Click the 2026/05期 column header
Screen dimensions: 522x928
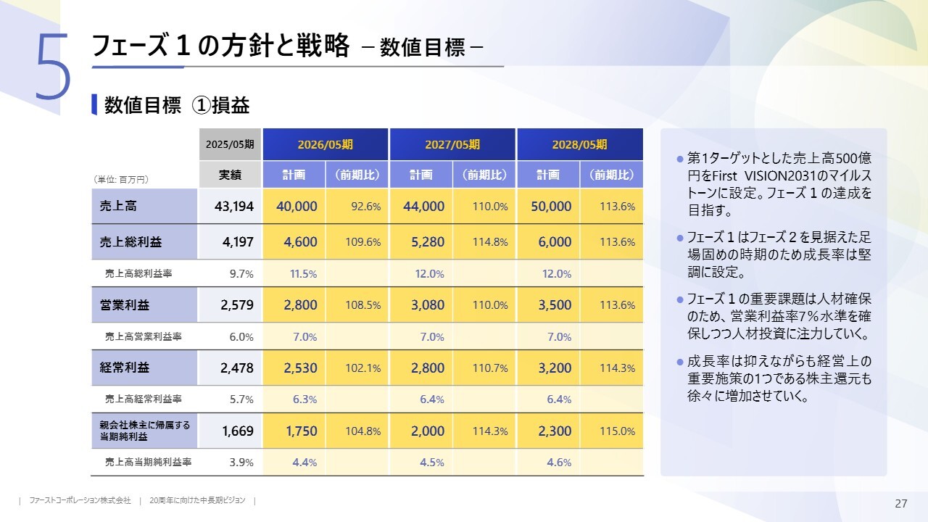pyautogui.click(x=326, y=144)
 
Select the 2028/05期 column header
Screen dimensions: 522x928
pyautogui.click(x=579, y=144)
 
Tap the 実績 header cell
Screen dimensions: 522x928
pyautogui.click(x=230, y=175)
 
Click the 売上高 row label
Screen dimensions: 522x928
pyautogui.click(x=119, y=207)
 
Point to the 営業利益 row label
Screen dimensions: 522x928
pyautogui.click(x=125, y=305)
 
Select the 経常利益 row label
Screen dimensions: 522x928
pyautogui.click(x=125, y=368)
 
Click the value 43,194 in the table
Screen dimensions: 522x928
pyautogui.click(x=234, y=207)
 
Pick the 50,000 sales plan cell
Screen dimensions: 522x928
pyautogui.click(x=551, y=207)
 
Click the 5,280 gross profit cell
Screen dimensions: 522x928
pyautogui.click(x=427, y=242)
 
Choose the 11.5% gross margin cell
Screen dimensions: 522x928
pyautogui.click(x=304, y=274)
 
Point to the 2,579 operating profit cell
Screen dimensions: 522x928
pyautogui.click(x=237, y=305)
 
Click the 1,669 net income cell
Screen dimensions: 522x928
pyautogui.click(x=237, y=431)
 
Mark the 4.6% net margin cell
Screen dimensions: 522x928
pyautogui.click(x=559, y=463)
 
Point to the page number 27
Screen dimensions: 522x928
pyautogui.click(x=901, y=504)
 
